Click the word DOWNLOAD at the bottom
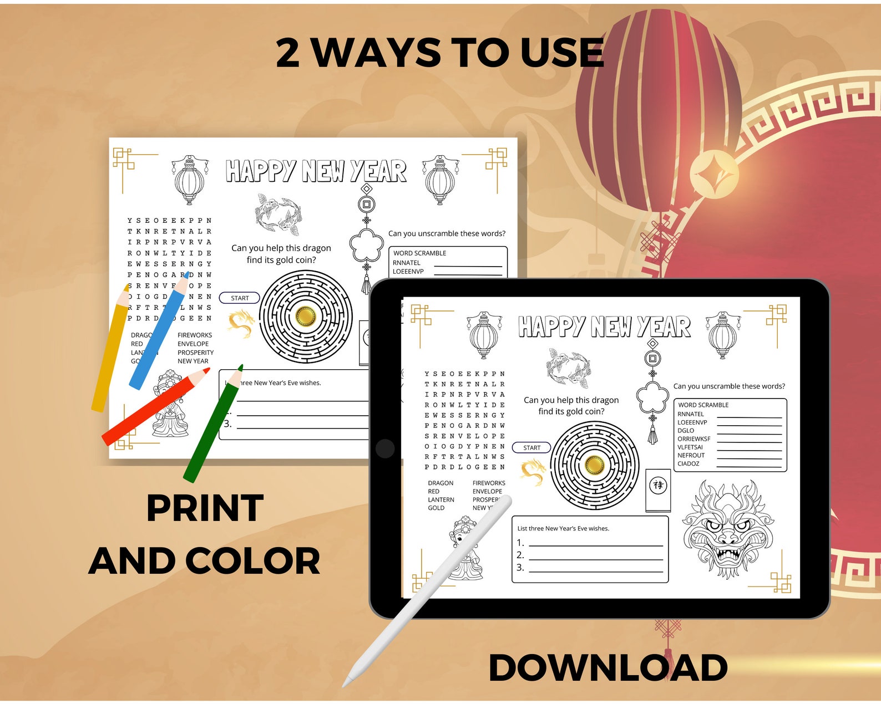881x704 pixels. click(x=607, y=667)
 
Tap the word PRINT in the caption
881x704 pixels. click(x=205, y=508)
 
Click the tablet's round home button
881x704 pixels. click(x=385, y=448)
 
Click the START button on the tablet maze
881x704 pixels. click(x=531, y=447)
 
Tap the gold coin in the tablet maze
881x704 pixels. click(x=594, y=464)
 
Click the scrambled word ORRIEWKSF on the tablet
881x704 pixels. click(x=693, y=438)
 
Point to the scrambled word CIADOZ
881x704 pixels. click(x=688, y=463)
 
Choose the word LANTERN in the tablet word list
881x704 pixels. click(x=440, y=499)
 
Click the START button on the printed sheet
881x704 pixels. click(x=240, y=298)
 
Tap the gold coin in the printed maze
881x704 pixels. click(x=305, y=316)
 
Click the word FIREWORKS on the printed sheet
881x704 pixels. click(x=195, y=335)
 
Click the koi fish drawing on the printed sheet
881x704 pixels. click(x=279, y=213)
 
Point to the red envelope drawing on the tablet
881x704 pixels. click(x=658, y=489)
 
